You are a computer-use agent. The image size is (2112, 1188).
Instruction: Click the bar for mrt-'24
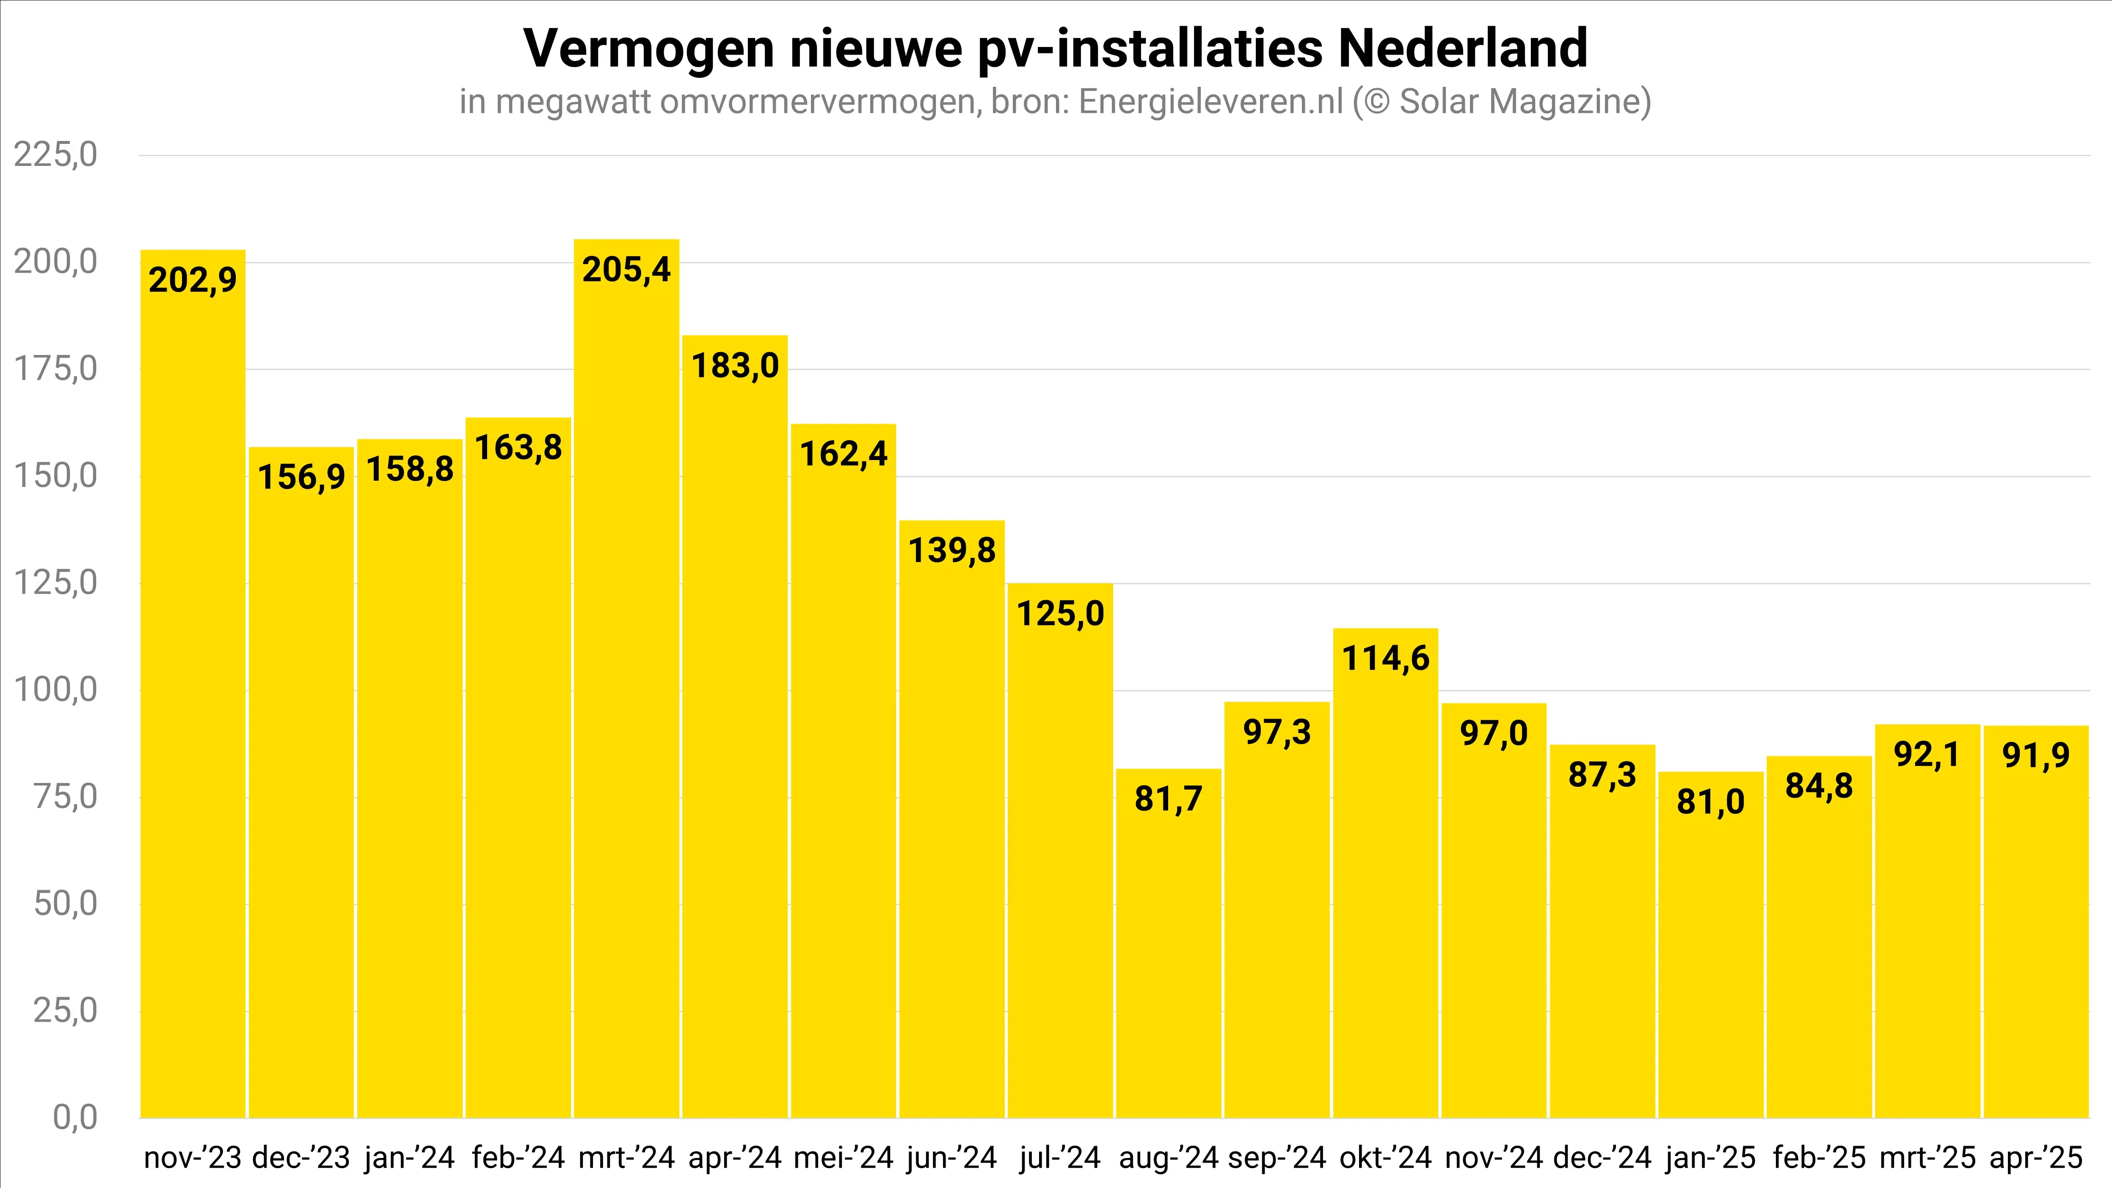[626, 681]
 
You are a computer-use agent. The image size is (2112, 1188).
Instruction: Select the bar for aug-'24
[1168, 943]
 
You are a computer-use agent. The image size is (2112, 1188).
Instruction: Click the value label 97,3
[1277, 732]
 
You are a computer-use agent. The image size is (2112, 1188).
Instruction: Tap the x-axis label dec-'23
[301, 1158]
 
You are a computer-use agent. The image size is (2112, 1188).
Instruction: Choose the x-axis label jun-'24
[952, 1158]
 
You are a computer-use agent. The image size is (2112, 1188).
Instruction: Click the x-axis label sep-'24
[1277, 1158]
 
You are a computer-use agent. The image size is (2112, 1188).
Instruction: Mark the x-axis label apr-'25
[2036, 1158]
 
